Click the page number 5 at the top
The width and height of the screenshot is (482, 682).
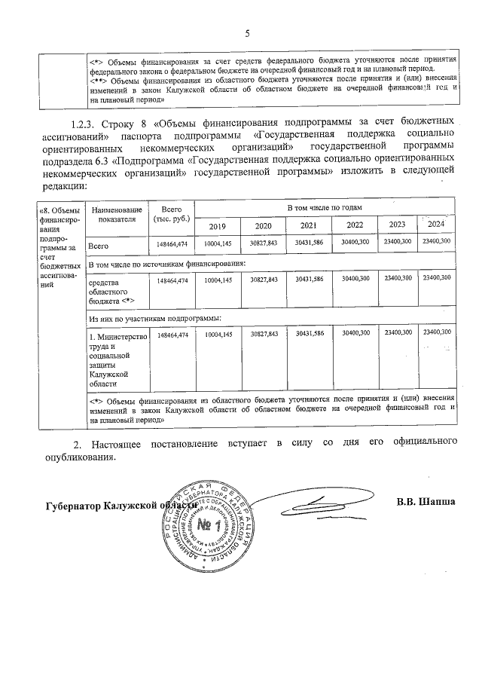(246, 33)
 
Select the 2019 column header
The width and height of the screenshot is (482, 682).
(217, 226)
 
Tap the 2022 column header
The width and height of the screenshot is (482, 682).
(355, 226)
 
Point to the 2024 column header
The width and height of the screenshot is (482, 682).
(435, 225)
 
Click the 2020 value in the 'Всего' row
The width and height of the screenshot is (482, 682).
(264, 243)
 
